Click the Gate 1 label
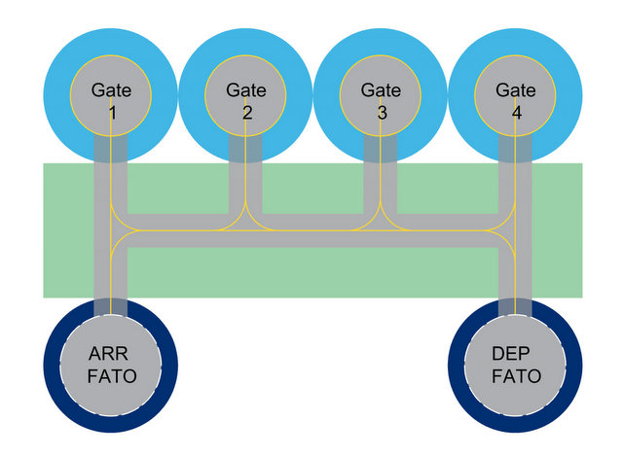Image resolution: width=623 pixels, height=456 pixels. click(x=112, y=101)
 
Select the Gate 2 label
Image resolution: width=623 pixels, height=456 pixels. click(x=246, y=101)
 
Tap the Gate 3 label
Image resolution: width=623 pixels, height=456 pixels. click(x=381, y=101)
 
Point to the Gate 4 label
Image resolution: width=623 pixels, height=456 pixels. click(x=516, y=101)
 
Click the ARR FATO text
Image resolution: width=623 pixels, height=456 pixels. click(x=112, y=364)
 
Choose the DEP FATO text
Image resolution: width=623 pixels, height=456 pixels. click(x=515, y=364)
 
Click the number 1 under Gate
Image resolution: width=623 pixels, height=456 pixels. click(x=112, y=113)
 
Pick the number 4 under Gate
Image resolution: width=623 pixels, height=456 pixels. click(x=516, y=113)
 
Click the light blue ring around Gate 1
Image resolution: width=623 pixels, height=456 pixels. click(x=58, y=93)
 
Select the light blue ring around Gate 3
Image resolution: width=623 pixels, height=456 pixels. click(x=327, y=93)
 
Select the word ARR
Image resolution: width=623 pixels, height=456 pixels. click(x=112, y=353)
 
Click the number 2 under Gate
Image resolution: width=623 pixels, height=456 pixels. click(x=246, y=113)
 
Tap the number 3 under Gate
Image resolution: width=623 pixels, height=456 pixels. click(x=381, y=113)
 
